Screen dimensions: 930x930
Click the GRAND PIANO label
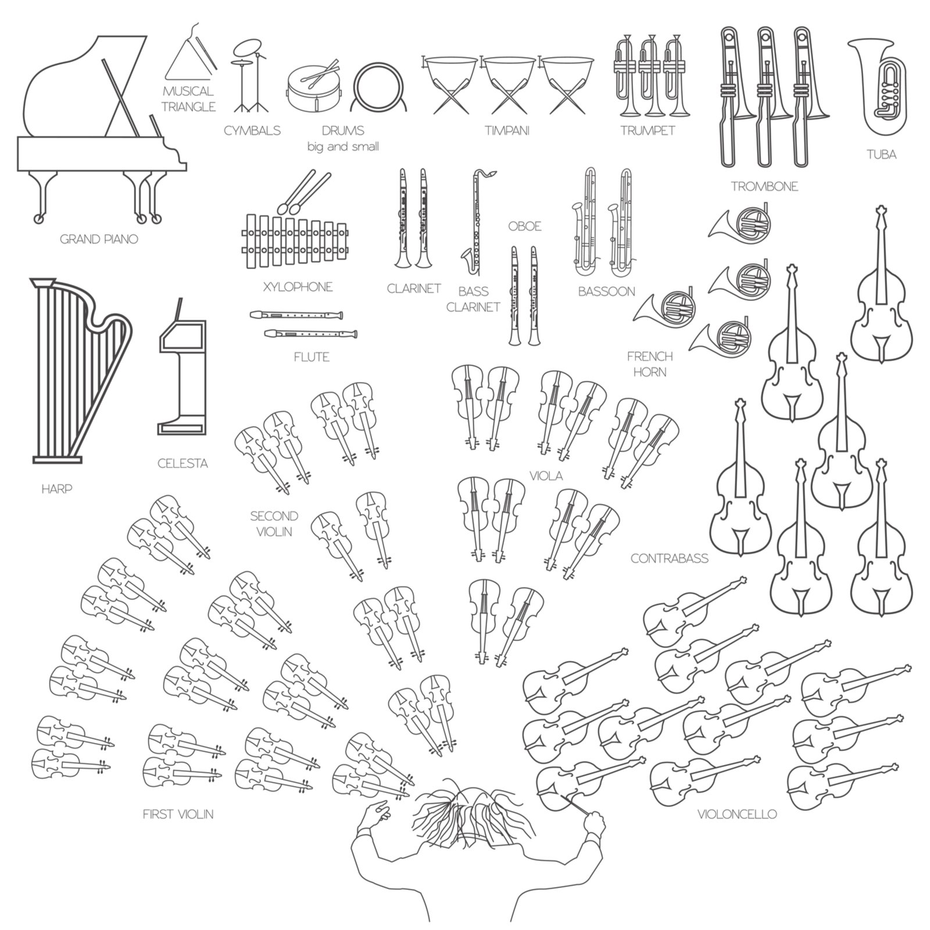[x=99, y=239]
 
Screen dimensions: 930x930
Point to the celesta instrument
[x=182, y=372]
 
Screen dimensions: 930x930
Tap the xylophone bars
[x=298, y=242]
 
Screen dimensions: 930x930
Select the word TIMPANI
[x=507, y=131]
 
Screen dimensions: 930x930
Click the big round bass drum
[x=378, y=87]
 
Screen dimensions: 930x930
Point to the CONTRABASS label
[x=670, y=559]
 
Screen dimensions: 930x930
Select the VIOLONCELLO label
[x=737, y=814]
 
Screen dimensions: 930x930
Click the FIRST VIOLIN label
[x=178, y=814]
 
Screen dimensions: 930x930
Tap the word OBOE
[x=525, y=226]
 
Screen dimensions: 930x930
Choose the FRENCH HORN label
[x=650, y=364]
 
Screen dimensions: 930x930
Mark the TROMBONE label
[x=764, y=187]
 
